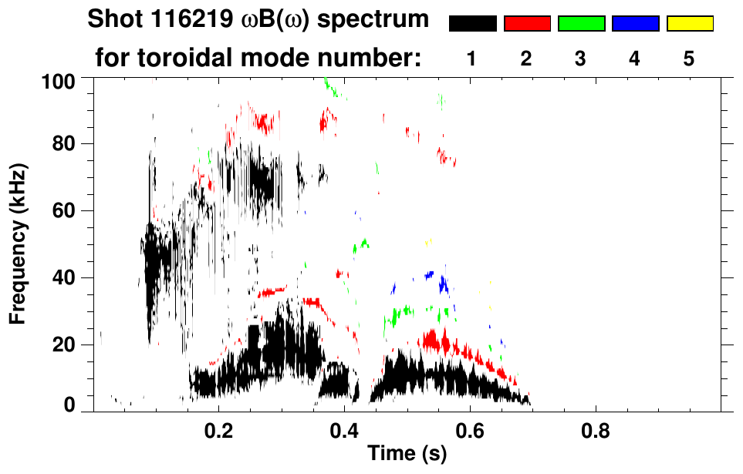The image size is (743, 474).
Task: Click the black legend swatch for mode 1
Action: click(473, 24)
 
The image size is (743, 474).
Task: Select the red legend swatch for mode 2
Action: click(527, 24)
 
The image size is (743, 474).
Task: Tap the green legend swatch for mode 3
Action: click(581, 24)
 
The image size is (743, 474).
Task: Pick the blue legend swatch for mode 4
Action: click(635, 24)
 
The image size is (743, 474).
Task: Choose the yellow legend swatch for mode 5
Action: click(689, 24)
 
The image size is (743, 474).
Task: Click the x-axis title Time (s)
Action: click(407, 455)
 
